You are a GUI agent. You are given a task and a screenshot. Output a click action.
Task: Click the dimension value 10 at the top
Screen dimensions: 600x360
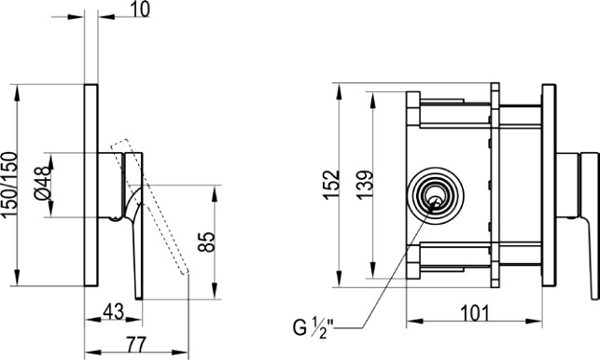coord(140,9)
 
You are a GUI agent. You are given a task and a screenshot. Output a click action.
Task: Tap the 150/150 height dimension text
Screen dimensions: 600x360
coord(10,185)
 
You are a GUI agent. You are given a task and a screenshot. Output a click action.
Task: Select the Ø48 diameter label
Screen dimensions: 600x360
coord(43,183)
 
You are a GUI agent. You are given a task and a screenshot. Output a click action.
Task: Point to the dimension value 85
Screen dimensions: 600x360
coord(207,242)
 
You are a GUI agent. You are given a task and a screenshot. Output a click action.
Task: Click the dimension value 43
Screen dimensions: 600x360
coord(113,311)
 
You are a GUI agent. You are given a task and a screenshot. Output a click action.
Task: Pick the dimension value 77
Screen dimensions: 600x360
coord(136,344)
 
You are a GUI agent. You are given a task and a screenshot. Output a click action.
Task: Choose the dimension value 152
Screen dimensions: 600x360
coord(331,185)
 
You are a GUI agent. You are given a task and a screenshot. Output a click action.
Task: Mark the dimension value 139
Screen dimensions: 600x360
coord(364,185)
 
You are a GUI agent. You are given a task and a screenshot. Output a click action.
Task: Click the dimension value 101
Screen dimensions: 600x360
coord(474,313)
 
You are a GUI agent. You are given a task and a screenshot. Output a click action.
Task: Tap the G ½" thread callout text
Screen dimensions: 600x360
coord(314,327)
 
